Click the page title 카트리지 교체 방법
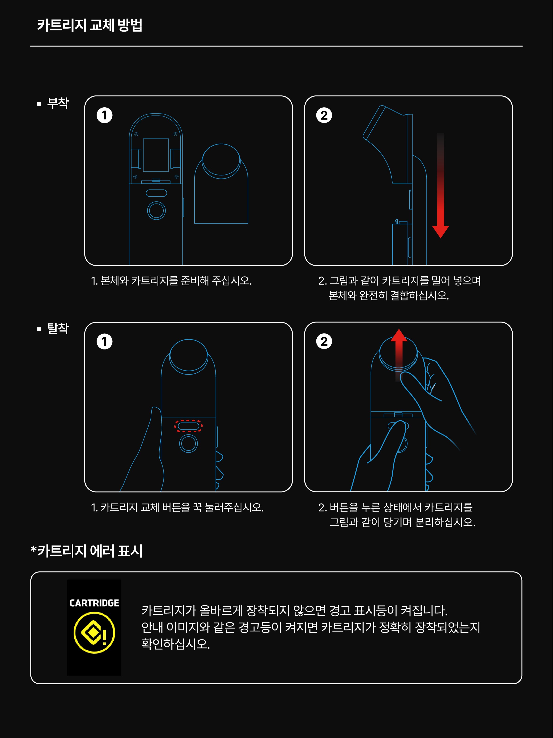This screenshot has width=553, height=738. coord(90,25)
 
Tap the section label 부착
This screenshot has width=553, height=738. coord(58,103)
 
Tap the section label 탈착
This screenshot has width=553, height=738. coord(58,329)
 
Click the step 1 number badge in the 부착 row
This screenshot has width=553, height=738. coord(104,115)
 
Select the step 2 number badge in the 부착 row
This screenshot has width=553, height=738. coord(324,115)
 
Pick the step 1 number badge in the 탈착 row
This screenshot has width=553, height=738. coord(104,342)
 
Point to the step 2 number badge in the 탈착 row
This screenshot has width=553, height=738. coord(324,342)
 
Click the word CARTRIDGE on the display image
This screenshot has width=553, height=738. coord(94,603)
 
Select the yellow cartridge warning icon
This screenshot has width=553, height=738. coord(94,632)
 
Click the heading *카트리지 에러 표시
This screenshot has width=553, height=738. coord(86,551)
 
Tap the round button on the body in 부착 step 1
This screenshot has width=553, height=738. coord(156,211)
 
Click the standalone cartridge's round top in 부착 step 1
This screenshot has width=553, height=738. coord(221,160)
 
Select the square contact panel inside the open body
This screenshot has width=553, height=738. coord(156,155)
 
